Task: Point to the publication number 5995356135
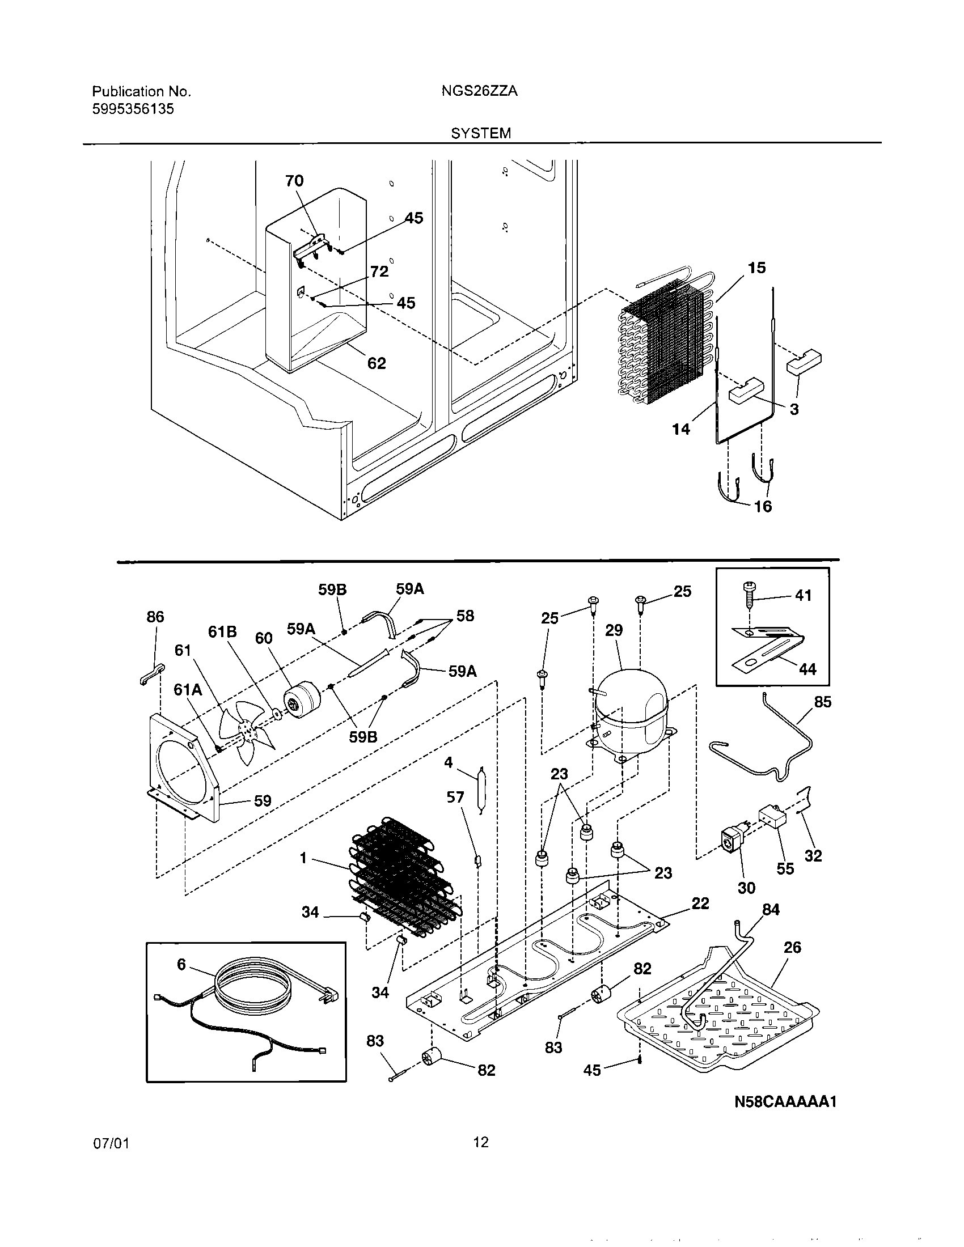click(x=133, y=109)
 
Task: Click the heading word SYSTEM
click(x=481, y=133)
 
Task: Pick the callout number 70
click(x=294, y=180)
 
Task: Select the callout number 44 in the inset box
click(x=807, y=669)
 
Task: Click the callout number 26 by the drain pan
click(x=792, y=947)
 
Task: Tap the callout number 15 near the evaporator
click(x=756, y=268)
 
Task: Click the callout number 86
click(x=155, y=617)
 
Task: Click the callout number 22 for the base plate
click(x=700, y=904)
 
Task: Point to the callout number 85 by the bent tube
click(x=822, y=702)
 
